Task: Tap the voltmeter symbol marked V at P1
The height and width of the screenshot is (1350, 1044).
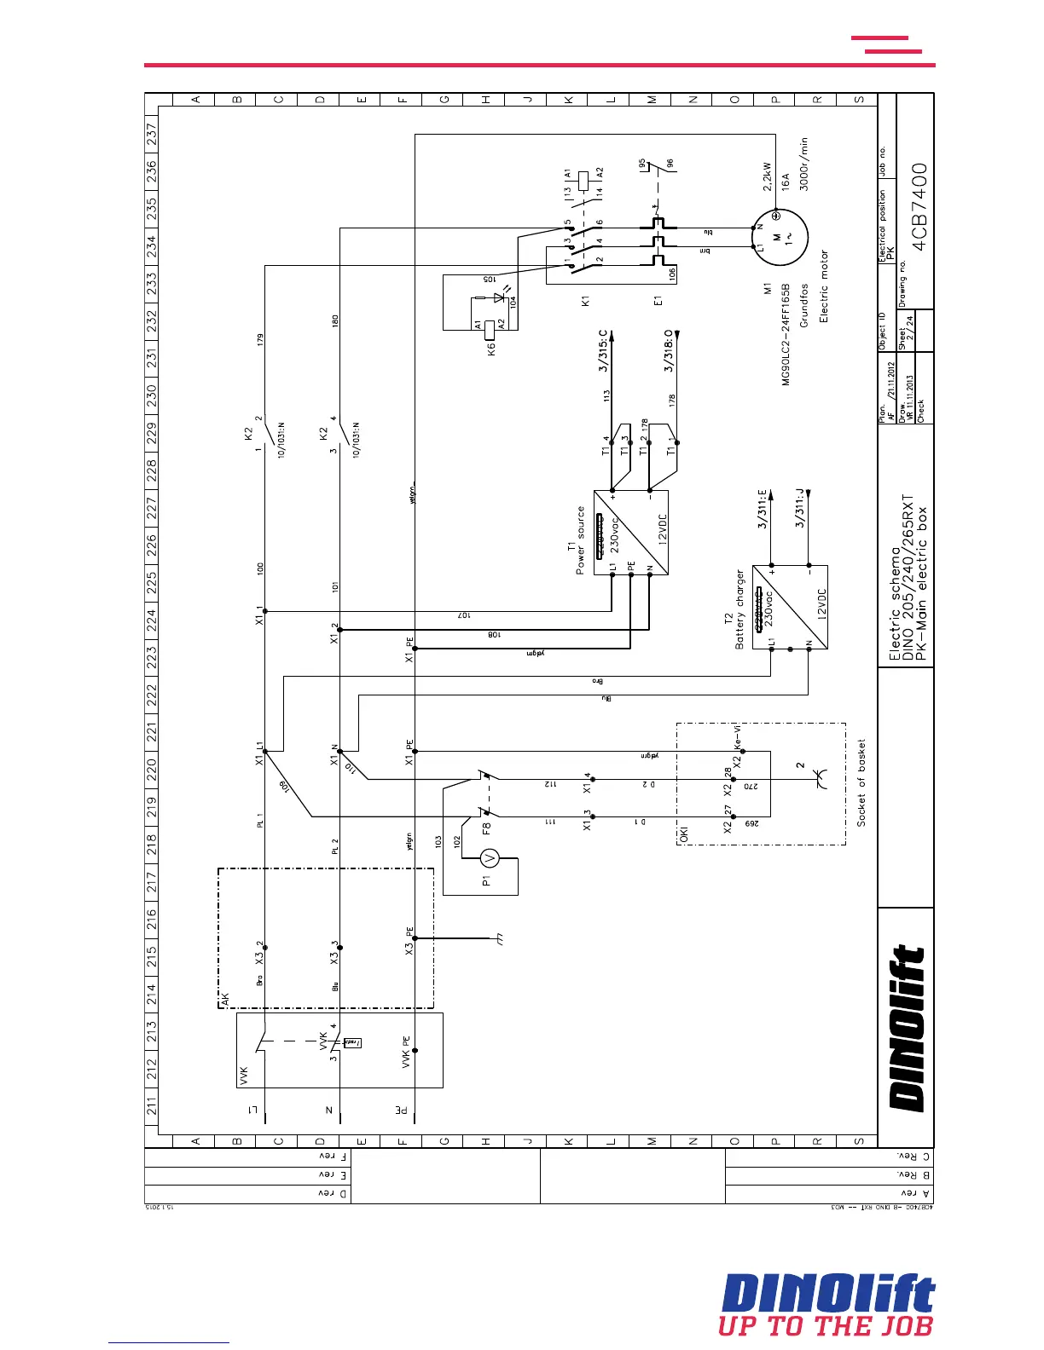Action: coord(488,858)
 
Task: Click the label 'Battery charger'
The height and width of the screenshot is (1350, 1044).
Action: coord(740,609)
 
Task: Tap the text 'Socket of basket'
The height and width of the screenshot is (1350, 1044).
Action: coord(861,782)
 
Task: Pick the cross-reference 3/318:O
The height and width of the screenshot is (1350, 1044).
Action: coord(670,350)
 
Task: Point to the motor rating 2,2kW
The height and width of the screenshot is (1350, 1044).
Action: coord(767,181)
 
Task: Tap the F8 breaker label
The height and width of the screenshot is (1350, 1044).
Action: coord(486,825)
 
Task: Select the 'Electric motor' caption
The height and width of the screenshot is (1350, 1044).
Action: coord(824,286)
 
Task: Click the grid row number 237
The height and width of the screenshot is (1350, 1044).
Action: coord(152,134)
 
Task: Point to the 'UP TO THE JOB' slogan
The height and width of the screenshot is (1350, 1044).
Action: coord(826,1326)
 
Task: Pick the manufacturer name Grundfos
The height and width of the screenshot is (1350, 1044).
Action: coord(803,305)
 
